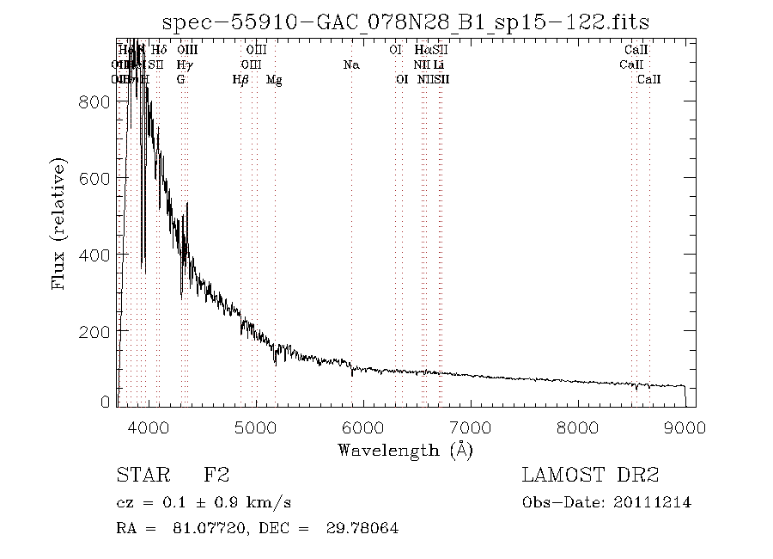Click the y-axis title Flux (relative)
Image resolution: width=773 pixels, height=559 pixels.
[59, 224]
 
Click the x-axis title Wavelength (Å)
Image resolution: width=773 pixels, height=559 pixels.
[405, 450]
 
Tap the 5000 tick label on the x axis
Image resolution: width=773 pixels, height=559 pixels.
[256, 426]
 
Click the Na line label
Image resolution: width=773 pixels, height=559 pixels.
[350, 64]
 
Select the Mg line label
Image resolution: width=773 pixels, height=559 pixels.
[274, 79]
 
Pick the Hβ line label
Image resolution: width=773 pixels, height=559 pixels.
[240, 79]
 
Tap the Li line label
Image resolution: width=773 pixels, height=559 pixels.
[438, 64]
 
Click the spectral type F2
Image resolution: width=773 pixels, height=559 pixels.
[216, 475]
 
